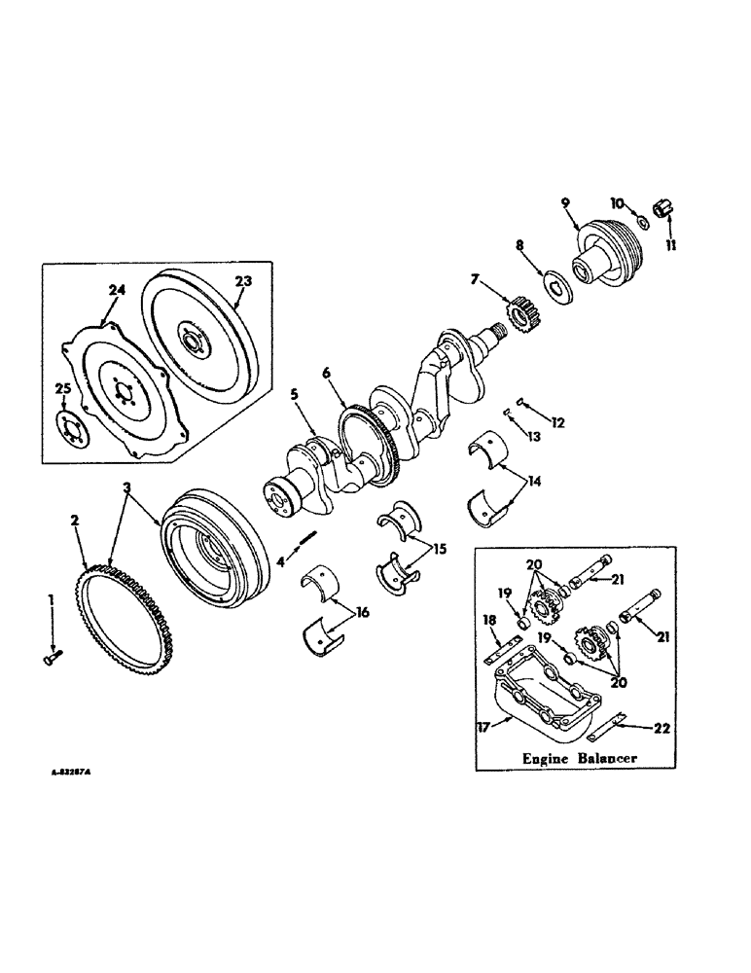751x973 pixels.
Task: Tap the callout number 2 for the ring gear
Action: point(74,521)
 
